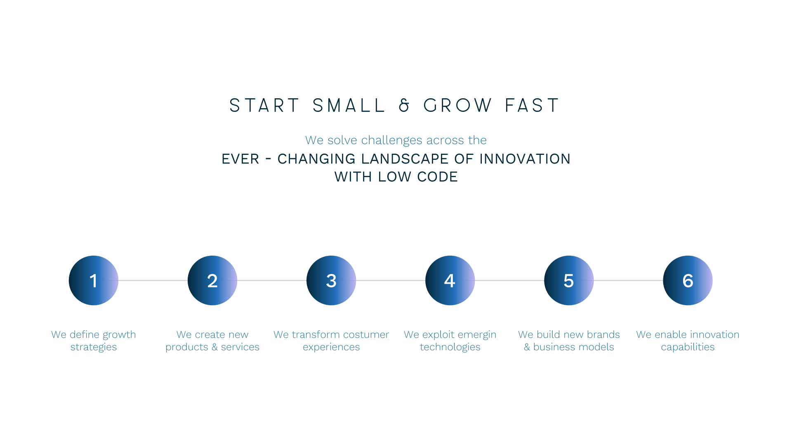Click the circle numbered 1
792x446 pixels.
[93, 280]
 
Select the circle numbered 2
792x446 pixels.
[212, 280]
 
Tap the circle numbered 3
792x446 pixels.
[331, 280]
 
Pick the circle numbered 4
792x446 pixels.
[450, 280]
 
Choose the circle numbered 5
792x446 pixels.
[568, 280]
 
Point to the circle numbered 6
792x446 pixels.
[687, 280]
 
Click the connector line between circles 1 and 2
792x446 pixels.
[153, 280]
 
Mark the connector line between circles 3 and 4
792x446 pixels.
[390, 280]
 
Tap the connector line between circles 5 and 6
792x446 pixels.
[628, 280]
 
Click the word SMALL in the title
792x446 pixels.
[349, 106]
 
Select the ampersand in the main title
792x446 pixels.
[404, 106]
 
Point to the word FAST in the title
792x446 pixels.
[532, 106]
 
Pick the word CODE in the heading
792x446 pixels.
[437, 177]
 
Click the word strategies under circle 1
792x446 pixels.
[94, 347]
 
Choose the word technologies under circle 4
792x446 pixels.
[450, 347]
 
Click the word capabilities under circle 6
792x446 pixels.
[688, 347]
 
